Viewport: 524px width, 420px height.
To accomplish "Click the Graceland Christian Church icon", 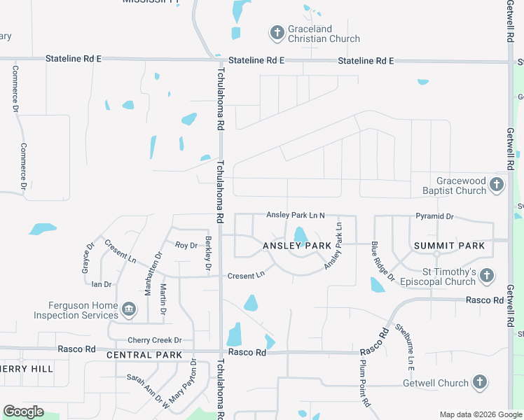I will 277,32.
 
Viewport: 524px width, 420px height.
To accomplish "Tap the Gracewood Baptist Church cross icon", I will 497,185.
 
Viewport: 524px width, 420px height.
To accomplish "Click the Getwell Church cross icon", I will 479,382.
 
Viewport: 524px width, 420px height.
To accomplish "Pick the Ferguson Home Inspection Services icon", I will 129,309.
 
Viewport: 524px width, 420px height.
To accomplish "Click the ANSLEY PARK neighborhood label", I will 297,246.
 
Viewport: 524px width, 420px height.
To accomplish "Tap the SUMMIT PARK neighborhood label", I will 449,246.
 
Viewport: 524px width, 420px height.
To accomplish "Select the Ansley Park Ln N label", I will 296,215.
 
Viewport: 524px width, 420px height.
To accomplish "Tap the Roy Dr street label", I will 186,245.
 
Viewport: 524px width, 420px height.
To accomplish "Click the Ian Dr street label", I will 102,284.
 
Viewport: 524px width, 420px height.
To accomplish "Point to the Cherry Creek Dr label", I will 155,340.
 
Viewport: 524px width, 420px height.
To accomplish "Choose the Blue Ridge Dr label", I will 383,261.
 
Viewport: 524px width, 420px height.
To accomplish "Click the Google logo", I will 23,412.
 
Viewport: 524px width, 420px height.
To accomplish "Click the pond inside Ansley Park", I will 300,236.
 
